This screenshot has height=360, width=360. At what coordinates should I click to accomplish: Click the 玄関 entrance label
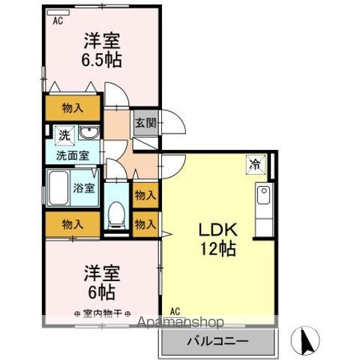click(x=145, y=122)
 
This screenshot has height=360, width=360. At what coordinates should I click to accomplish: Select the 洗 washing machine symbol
click(x=64, y=136)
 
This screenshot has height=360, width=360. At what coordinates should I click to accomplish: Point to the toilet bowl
click(x=116, y=214)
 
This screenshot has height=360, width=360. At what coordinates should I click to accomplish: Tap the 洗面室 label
click(x=73, y=156)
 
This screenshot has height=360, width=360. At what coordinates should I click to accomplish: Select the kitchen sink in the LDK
click(x=265, y=198)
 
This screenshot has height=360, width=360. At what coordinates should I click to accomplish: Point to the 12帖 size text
click(x=217, y=250)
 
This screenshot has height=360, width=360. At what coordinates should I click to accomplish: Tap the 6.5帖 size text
click(x=101, y=59)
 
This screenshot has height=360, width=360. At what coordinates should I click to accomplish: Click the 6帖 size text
click(x=101, y=289)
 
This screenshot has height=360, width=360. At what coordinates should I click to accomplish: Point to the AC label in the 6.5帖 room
click(x=57, y=22)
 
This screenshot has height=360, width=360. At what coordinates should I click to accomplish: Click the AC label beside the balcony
click(x=174, y=311)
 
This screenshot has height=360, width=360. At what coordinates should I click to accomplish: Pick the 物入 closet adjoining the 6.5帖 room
click(x=73, y=107)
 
